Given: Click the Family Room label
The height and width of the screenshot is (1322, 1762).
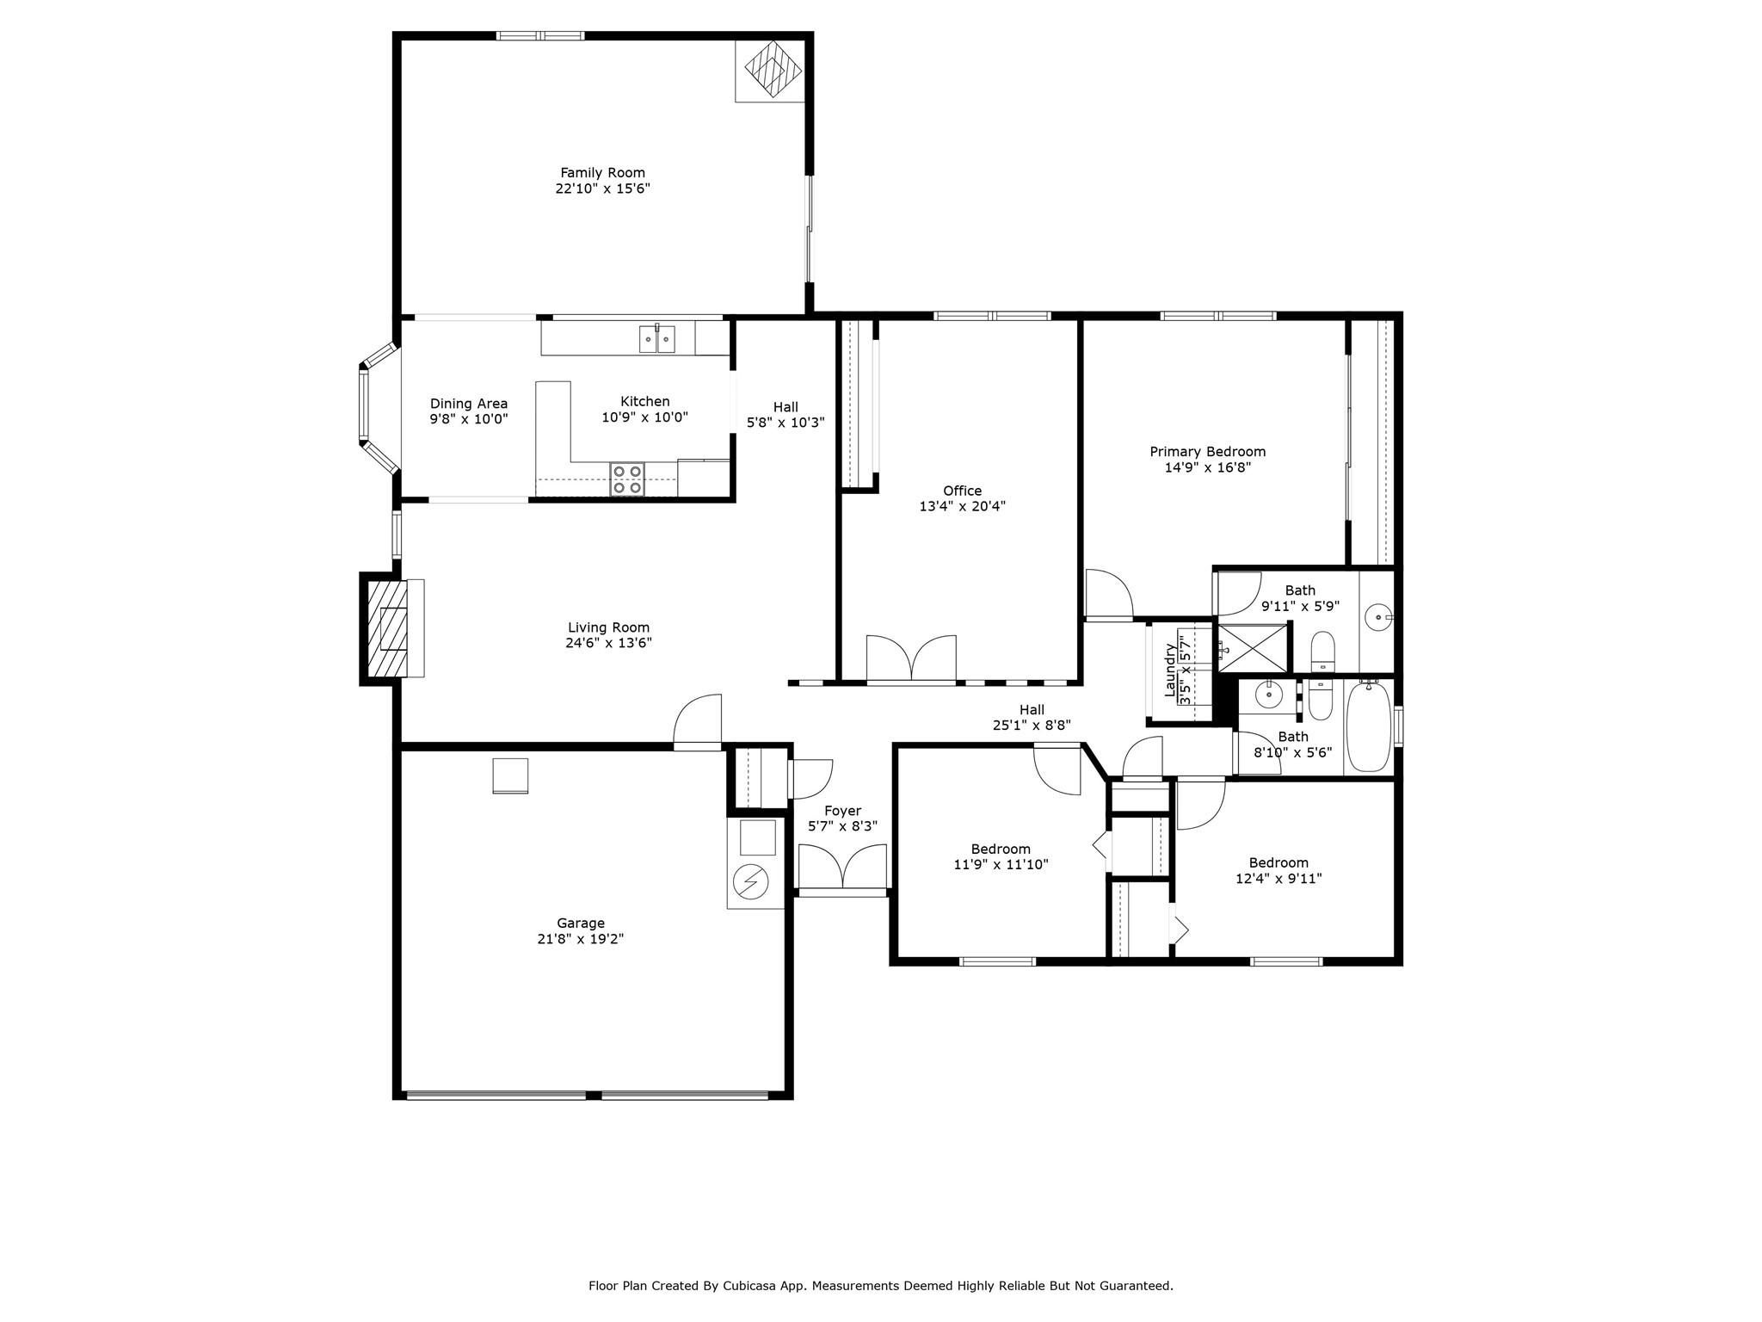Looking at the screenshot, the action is tap(602, 173).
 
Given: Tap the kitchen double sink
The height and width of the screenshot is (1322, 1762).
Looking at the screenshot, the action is tap(657, 339).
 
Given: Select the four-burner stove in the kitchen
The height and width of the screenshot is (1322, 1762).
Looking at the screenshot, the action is tap(627, 479).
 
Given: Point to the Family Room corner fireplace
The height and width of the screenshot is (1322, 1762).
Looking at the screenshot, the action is tap(770, 71).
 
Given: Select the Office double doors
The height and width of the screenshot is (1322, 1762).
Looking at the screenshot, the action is tap(911, 660).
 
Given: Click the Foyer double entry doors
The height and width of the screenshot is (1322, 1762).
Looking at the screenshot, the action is tap(842, 867).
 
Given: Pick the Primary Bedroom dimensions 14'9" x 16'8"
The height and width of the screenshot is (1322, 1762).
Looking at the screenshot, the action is tap(1208, 467).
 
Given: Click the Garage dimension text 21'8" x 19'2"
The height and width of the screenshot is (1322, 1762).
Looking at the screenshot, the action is tap(581, 939).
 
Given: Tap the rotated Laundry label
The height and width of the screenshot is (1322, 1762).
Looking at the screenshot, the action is tap(1170, 670).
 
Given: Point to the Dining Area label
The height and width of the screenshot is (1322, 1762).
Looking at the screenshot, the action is tap(469, 404).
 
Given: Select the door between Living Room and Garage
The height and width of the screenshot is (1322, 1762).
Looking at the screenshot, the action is tap(698, 723).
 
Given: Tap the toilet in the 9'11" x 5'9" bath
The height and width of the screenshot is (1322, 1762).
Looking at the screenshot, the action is tap(1322, 652).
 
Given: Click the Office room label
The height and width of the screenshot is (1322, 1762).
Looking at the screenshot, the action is tap(962, 491).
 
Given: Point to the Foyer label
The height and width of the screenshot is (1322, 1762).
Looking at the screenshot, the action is tap(842, 811).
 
